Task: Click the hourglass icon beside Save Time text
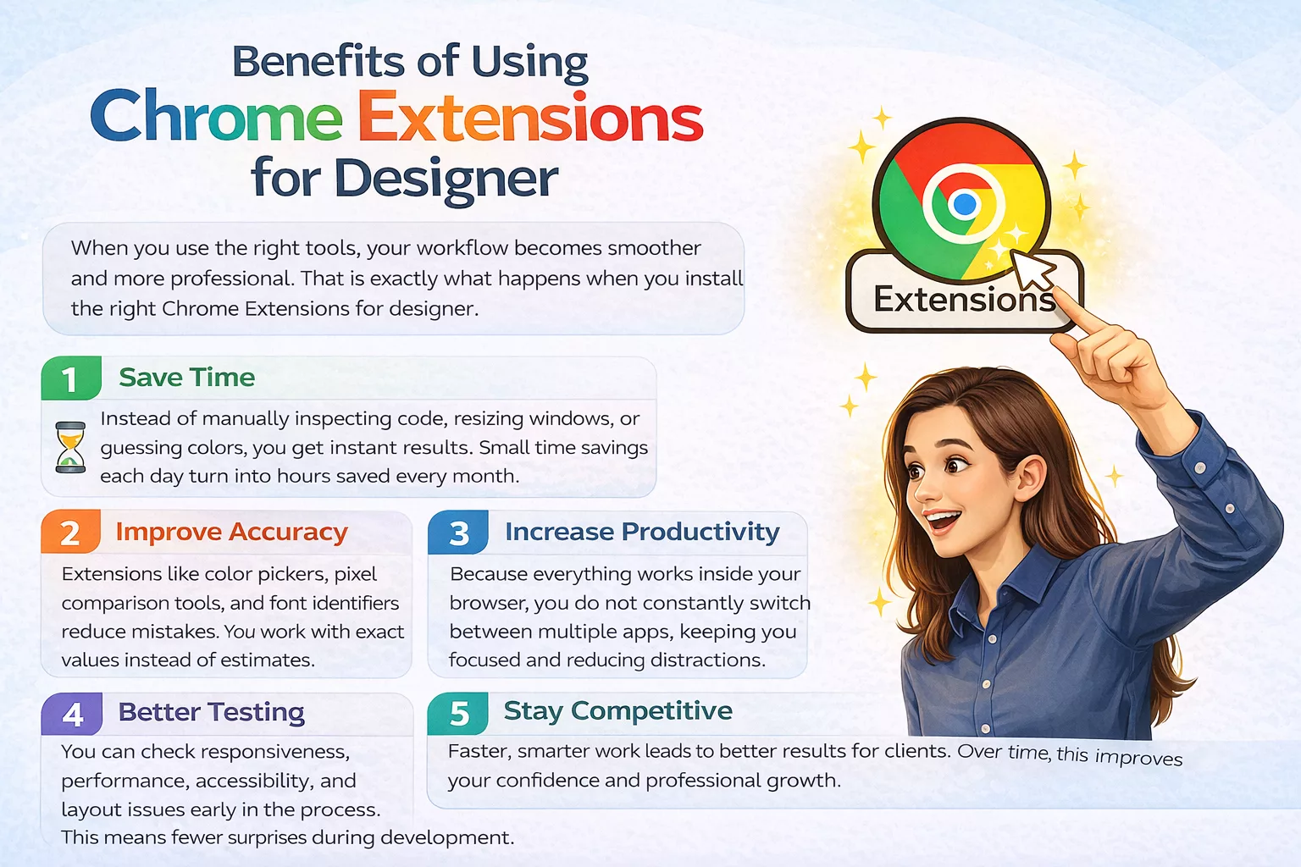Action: coord(70,447)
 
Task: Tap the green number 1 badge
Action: coord(71,379)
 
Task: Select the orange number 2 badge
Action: coord(71,533)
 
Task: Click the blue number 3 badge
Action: coord(459,533)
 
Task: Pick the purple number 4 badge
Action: coord(73,715)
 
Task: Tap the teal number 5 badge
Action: coord(459,714)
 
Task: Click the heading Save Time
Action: coord(186,378)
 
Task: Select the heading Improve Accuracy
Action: coord(231,532)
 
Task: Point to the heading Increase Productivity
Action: coord(642,532)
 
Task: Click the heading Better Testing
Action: coord(211,712)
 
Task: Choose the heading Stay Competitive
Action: coord(617,711)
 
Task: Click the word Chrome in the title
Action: coord(216,119)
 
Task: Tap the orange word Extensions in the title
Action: coord(530,119)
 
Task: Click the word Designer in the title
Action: coord(446,179)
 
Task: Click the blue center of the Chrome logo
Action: coord(964,204)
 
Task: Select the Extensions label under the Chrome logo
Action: coord(964,300)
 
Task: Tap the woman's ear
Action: coord(1032,479)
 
